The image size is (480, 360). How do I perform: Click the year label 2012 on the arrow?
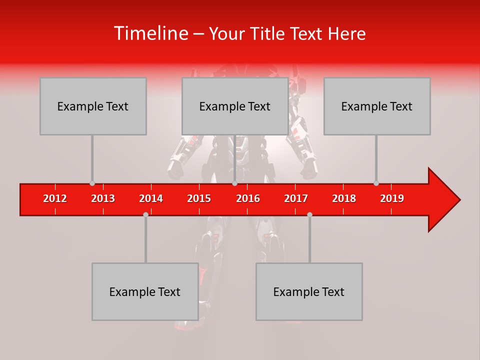[55, 198]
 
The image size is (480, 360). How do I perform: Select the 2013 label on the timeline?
[103, 198]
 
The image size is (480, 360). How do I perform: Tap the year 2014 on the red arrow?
[151, 198]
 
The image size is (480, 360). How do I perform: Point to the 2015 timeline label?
[199, 198]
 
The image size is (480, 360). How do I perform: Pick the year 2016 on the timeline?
[248, 198]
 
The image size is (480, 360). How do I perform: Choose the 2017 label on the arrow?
[296, 198]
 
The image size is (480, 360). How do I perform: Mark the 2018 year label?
[344, 198]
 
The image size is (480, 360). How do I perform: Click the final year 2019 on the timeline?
[392, 198]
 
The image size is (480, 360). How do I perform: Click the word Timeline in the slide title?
[150, 33]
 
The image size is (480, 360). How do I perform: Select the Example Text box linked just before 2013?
[93, 106]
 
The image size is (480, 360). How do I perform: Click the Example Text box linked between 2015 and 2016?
[235, 106]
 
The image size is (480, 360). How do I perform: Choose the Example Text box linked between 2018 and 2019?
[377, 106]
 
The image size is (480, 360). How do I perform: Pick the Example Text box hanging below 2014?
[145, 291]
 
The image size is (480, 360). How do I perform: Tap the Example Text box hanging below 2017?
[309, 291]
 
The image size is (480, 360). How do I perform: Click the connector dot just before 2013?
[92, 183]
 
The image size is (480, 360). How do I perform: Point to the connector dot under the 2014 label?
[145, 214]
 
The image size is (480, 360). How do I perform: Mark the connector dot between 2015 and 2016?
[234, 183]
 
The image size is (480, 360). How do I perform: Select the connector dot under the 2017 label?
[309, 214]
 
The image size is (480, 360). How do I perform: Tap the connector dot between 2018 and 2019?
[376, 183]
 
